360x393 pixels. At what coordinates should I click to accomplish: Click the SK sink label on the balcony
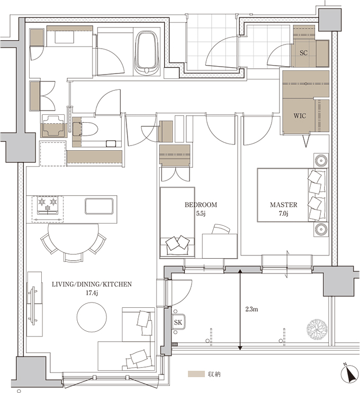point(178,322)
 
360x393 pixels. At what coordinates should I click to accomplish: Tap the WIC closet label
point(300,116)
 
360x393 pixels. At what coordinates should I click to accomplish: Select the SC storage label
point(303,53)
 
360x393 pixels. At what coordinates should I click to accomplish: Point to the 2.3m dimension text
point(251,309)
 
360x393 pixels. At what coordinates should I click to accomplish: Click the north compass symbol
point(349,374)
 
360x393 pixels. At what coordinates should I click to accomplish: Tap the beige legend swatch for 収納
point(196,374)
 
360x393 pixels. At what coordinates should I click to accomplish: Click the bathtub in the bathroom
point(147,52)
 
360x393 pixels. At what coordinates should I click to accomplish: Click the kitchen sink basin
point(99,206)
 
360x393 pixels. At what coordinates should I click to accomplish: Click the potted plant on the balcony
point(317,328)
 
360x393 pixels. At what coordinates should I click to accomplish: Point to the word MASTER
point(283,205)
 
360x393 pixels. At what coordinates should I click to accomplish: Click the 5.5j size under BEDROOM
point(201,213)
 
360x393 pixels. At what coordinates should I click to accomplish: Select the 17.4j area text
point(92,293)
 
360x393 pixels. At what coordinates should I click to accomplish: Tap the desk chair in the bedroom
point(221,230)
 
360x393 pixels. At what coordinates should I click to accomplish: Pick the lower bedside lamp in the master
point(321,229)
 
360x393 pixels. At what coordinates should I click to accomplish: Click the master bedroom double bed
point(292,195)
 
